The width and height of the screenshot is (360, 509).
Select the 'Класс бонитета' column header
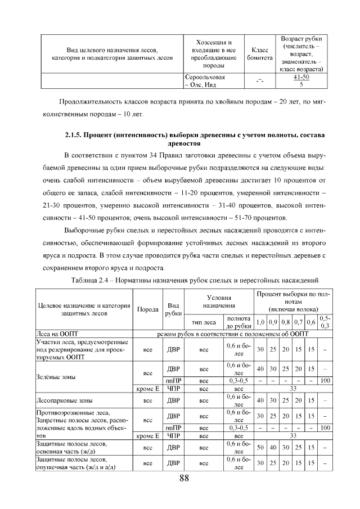point(259,54)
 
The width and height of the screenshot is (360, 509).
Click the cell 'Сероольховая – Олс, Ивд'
point(205,81)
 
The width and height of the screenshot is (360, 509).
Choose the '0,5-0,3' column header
point(325,322)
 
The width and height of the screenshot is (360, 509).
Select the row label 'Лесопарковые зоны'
point(64,401)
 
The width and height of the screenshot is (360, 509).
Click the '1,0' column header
point(260,322)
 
